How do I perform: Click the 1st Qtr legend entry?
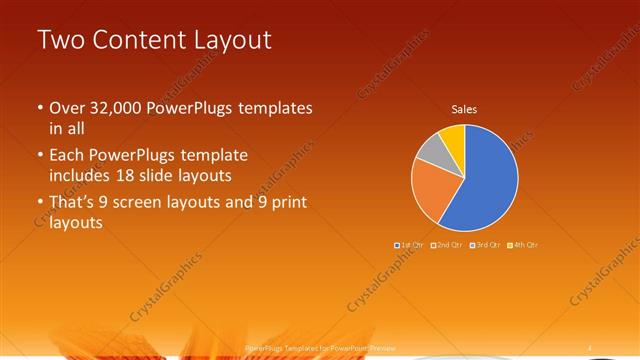[x=411, y=245]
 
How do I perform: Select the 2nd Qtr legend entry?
[x=447, y=245]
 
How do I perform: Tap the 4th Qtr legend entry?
[x=522, y=245]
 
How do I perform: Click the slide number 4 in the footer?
[x=590, y=347]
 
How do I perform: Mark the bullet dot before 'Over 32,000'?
[x=40, y=107]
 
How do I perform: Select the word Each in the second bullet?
[x=67, y=156]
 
